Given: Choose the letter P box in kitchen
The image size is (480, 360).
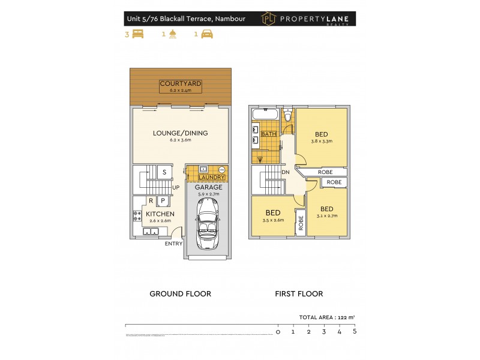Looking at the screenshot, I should (162, 200).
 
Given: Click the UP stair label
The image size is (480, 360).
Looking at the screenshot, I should (176, 188).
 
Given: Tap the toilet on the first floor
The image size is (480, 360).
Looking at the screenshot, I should (287, 114).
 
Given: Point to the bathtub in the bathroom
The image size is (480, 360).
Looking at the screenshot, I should (265, 114).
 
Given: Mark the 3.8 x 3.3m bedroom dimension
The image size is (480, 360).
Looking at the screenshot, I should (322, 142).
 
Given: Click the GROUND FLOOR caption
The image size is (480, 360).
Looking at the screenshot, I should (180, 294).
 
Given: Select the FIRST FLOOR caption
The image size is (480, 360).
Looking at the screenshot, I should (299, 294).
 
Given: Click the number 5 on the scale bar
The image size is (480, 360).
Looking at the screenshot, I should (355, 331).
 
